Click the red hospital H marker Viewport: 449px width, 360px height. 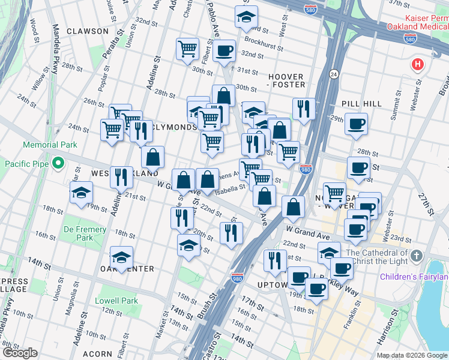click(x=417, y=64)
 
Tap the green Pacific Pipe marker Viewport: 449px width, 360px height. click(x=58, y=163)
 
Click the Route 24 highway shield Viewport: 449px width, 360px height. click(x=333, y=74)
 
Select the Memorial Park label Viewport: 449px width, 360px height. click(x=50, y=145)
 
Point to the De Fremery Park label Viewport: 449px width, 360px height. click(x=85, y=233)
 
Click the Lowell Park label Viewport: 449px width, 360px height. click(x=116, y=300)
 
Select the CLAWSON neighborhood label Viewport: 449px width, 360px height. click(x=88, y=31)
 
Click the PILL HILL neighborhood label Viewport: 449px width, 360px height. click(x=364, y=104)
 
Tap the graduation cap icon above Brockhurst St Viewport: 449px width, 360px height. click(x=246, y=17)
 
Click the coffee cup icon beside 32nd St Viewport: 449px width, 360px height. click(x=224, y=50)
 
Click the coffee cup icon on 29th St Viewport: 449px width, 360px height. click(x=356, y=124)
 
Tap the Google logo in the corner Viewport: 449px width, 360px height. click(x=20, y=353)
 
